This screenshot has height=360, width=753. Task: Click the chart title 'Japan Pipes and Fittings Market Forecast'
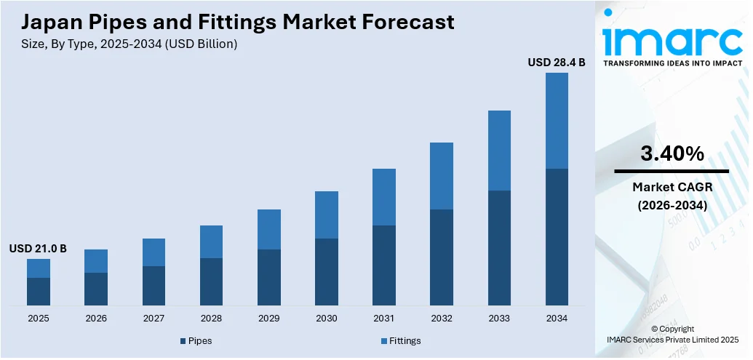pyautogui.click(x=232, y=22)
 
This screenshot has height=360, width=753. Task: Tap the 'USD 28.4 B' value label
pyautogui.click(x=557, y=63)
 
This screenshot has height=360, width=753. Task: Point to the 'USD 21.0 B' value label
pyautogui.click(x=38, y=249)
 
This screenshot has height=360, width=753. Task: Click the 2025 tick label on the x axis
pyautogui.click(x=39, y=319)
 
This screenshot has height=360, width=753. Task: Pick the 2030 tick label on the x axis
pyautogui.click(x=326, y=319)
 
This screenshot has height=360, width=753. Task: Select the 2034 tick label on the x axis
pyautogui.click(x=557, y=319)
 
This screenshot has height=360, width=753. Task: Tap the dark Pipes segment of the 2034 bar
pyautogui.click(x=557, y=236)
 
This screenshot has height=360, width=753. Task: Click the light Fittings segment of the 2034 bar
pyautogui.click(x=557, y=121)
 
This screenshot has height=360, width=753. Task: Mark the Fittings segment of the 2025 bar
pyautogui.click(x=39, y=268)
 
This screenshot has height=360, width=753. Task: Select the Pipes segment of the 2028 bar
pyautogui.click(x=211, y=281)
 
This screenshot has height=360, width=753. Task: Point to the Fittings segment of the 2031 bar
pyautogui.click(x=384, y=197)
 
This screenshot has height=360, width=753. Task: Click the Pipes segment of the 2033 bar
pyautogui.click(x=499, y=247)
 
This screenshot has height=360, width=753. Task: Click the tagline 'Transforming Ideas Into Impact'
pyautogui.click(x=672, y=63)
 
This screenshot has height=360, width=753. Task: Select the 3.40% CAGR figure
pyautogui.click(x=672, y=153)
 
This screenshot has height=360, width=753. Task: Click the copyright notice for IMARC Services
pyautogui.click(x=672, y=334)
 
